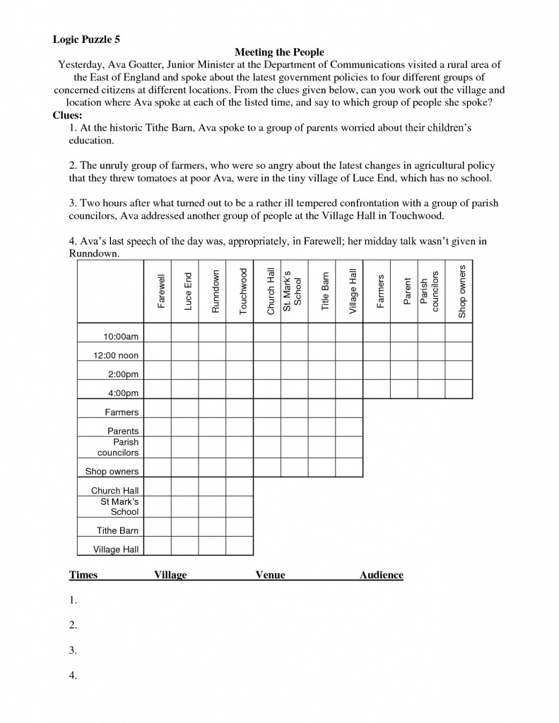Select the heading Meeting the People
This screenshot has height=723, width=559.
click(279, 52)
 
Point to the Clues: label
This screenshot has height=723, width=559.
click(68, 115)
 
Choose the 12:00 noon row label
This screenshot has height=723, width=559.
click(117, 355)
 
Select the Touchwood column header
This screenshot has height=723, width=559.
click(243, 291)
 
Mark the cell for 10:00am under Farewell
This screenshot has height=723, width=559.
click(158, 333)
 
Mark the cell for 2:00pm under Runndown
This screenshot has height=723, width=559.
click(213, 371)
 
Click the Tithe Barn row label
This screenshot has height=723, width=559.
click(117, 530)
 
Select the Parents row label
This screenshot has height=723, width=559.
click(123, 431)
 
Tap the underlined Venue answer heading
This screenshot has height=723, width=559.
click(270, 575)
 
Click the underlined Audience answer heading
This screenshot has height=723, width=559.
click(381, 575)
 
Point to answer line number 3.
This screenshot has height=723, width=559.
click(73, 650)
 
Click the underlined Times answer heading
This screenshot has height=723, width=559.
click(83, 575)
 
